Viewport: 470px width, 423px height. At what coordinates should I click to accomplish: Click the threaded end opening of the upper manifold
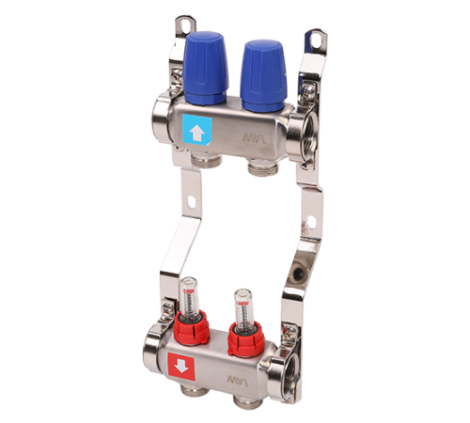[x=306, y=133]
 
